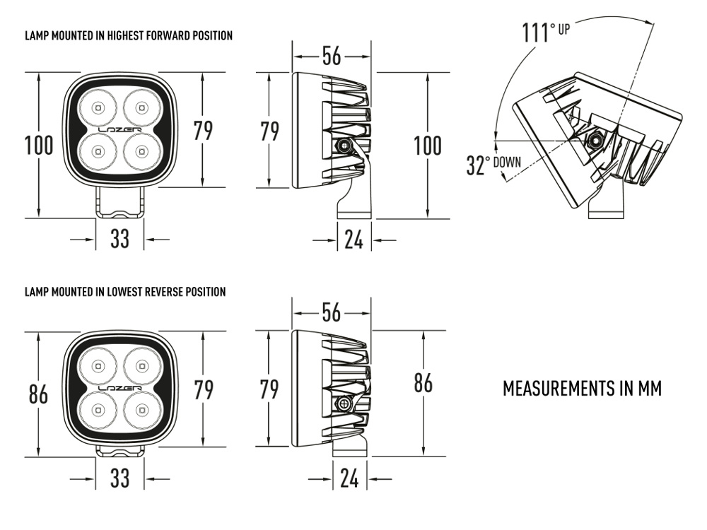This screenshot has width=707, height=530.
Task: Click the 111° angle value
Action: tap(539, 33)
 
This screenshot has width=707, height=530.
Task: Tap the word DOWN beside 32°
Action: tap(507, 162)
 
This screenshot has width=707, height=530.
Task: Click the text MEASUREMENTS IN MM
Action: tap(582, 389)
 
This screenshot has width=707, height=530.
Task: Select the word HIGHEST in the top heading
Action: tap(122, 35)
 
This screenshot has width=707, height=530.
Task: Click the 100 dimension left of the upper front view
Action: tap(39, 146)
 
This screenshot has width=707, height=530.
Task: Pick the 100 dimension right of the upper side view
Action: tap(427, 146)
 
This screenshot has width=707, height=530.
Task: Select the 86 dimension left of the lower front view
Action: tap(39, 395)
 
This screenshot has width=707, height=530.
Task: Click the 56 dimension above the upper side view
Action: tap(332, 57)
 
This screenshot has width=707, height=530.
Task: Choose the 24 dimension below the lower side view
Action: tap(349, 479)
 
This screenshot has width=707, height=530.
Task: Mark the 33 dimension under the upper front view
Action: tap(119, 239)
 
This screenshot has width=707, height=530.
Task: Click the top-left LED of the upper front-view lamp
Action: tap(98, 108)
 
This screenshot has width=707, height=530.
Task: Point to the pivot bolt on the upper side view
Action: tap(344, 146)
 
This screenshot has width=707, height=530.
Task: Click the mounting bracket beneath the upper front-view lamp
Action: tap(120, 204)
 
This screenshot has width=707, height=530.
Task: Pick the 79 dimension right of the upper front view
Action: tap(203, 131)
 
